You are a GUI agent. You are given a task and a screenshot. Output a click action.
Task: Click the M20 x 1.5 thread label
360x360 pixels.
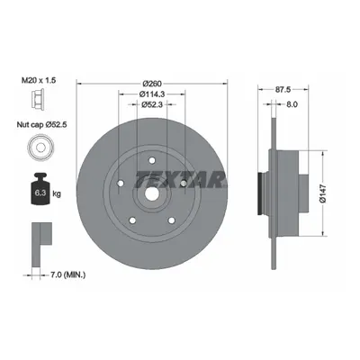[39, 80]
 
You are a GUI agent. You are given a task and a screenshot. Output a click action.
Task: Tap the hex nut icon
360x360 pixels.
[38, 98]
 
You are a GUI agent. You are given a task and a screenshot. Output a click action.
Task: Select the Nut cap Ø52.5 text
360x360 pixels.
[41, 124]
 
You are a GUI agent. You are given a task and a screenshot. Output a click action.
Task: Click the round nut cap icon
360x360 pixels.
[40, 148]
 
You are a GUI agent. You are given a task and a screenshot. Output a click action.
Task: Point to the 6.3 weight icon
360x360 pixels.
[40, 189]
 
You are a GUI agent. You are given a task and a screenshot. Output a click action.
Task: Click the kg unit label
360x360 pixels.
[57, 193]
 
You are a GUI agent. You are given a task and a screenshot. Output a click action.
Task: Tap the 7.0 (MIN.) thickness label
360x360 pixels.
[67, 274]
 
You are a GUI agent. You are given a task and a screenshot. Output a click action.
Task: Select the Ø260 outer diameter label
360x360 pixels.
[152, 83]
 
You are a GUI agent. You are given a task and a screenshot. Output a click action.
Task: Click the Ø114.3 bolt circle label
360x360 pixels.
[152, 94]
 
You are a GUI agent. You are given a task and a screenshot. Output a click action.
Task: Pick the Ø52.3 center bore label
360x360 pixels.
[152, 104]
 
